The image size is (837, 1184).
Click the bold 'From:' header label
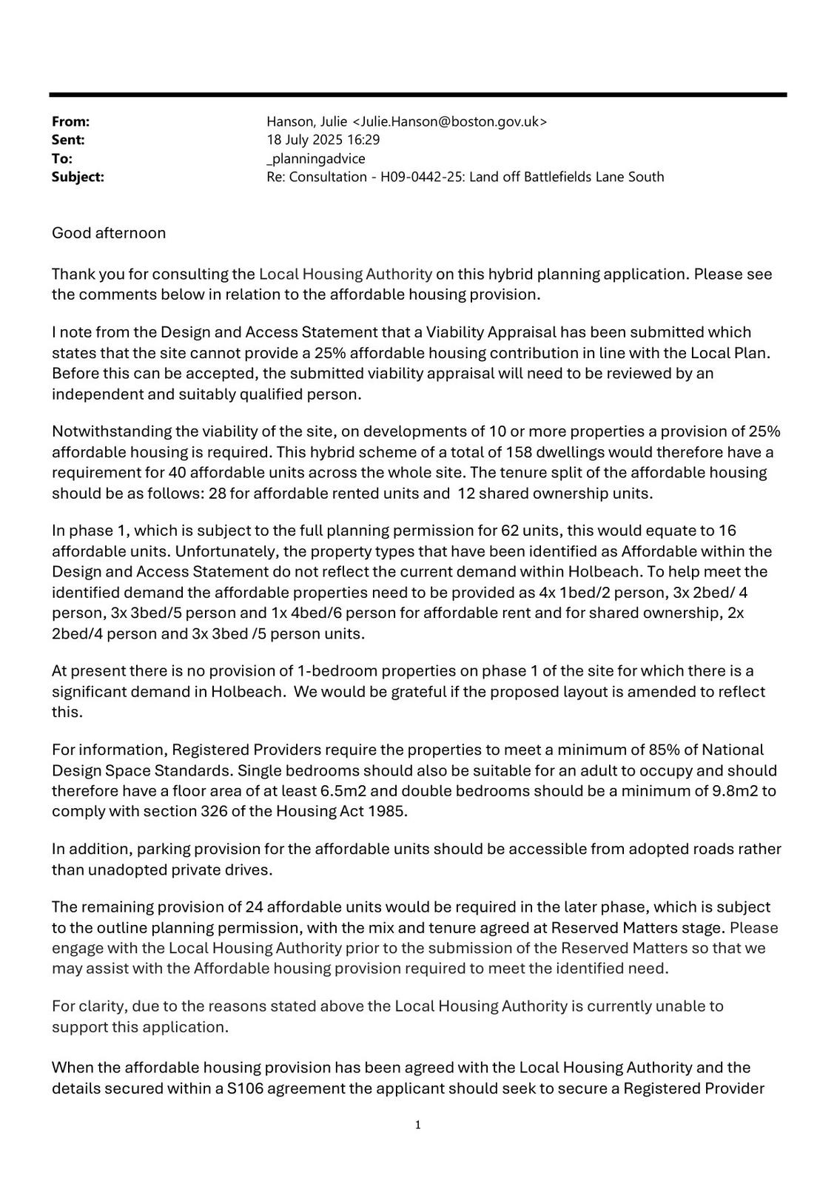point(70,121)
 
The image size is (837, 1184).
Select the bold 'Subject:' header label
point(78,177)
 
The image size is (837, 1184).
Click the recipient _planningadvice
point(316,158)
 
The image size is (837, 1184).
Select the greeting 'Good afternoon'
point(109,233)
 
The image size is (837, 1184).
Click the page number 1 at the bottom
point(418,1126)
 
